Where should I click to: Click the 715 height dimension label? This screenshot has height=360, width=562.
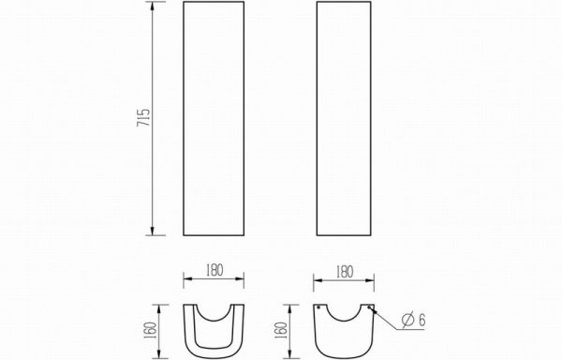143,117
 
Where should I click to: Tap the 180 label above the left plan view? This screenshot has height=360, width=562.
214,270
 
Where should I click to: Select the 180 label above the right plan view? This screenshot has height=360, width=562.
345,272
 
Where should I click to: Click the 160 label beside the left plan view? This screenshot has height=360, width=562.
150,331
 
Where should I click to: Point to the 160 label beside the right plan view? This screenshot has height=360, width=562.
281,331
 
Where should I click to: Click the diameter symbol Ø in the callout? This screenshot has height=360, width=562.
408,319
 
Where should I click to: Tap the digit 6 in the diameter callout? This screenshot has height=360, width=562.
421,320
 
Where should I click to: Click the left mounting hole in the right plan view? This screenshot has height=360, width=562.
318,307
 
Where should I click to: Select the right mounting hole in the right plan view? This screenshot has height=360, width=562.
369,307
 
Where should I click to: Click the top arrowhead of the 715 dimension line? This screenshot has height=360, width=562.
153,7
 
